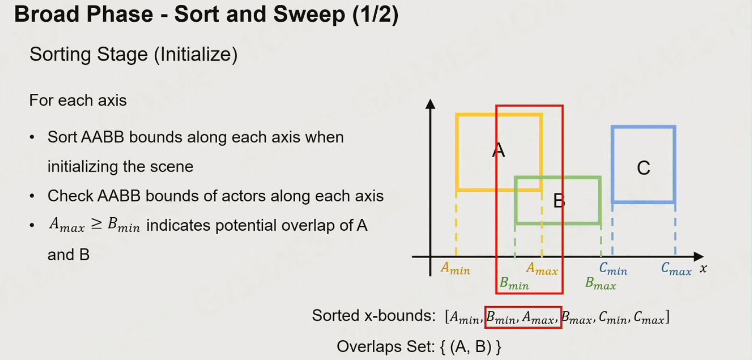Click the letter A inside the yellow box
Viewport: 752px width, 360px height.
(499, 151)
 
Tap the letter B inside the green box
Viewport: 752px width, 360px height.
(558, 201)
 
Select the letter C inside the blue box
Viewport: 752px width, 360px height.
(643, 168)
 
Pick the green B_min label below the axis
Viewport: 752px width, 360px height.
(514, 284)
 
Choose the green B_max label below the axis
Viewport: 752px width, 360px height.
(601, 284)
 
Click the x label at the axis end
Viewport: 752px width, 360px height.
(703, 269)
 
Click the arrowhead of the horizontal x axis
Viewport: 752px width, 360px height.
(699, 257)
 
